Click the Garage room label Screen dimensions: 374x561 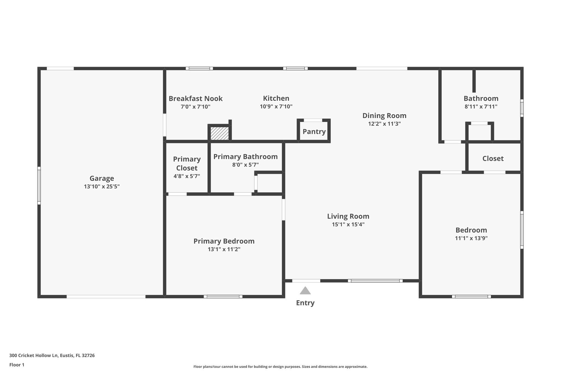tap(102, 178)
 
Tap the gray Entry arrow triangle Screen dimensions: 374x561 tap(305, 291)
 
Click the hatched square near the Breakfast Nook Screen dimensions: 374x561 tap(219, 133)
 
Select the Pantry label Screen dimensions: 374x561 tap(314, 132)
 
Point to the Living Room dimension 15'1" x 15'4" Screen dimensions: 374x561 tap(348, 224)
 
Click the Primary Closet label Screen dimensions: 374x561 tap(187, 164)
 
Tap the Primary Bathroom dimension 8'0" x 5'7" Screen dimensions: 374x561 tap(245, 165)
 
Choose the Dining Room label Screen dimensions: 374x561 tap(384, 116)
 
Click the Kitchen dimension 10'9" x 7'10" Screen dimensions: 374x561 tap(276, 106)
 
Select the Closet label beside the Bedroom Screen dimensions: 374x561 tap(493, 158)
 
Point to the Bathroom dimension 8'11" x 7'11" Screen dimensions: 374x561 tap(481, 106)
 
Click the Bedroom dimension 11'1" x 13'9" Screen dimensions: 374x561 tap(471, 238)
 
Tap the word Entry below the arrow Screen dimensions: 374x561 tap(305, 303)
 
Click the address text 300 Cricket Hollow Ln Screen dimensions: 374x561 tap(52, 355)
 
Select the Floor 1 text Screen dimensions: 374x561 tap(17, 365)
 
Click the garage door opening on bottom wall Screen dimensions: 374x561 tap(106, 296)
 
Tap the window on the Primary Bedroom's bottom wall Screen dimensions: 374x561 tap(223, 296)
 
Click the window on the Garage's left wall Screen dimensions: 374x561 tap(39, 185)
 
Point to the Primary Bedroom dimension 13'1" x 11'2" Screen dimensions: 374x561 tap(224, 249)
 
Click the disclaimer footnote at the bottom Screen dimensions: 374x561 tap(280, 367)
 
